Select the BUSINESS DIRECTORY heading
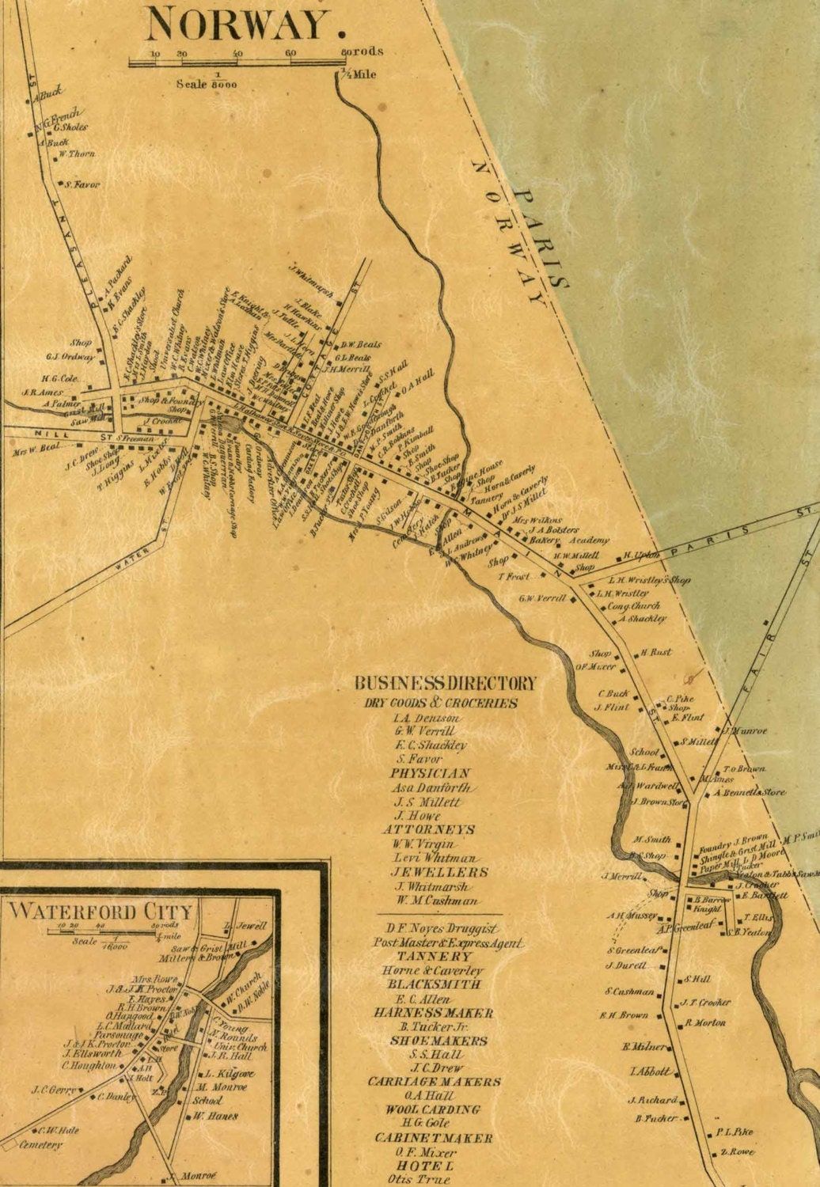[x=445, y=683]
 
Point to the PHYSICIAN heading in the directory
[x=430, y=773]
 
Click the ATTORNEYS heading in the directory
[x=428, y=829]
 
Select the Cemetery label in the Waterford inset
[x=40, y=1145]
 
